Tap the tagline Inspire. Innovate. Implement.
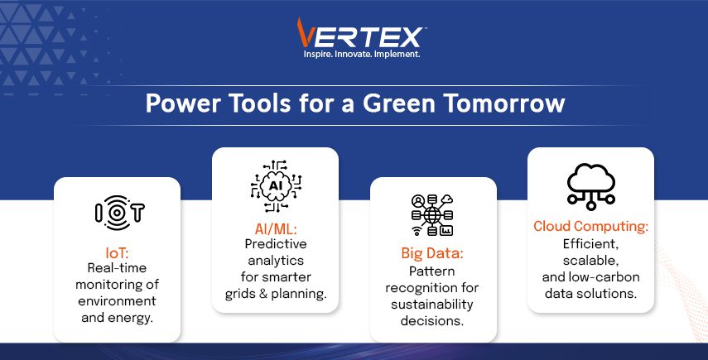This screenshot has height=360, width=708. (362, 54)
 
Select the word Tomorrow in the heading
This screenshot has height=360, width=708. (505, 103)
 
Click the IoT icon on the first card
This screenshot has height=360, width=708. (119, 213)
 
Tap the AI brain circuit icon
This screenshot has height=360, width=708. (276, 186)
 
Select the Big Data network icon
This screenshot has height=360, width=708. (432, 215)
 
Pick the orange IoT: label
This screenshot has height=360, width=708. (117, 252)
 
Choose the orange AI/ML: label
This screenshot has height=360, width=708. (276, 229)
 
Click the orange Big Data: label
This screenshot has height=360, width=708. (432, 253)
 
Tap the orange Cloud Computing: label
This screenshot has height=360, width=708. (590, 226)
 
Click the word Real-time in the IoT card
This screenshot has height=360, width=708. (117, 268)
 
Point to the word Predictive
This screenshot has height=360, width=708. (276, 244)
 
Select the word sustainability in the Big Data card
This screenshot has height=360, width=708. (432, 305)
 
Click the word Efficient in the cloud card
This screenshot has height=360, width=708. (590, 244)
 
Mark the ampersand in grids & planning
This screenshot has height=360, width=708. (263, 294)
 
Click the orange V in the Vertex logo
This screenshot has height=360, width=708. (305, 32)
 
